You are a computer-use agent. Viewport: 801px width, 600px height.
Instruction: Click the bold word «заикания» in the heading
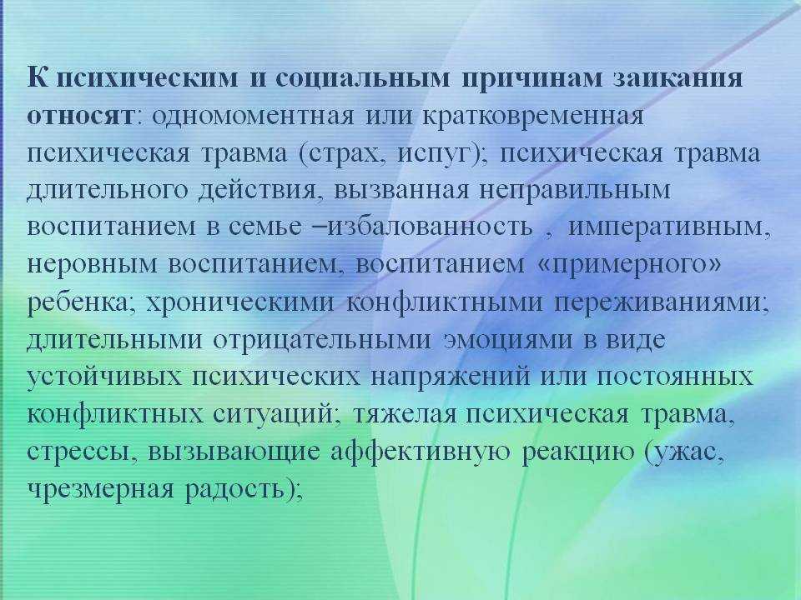pyautogui.click(x=677, y=78)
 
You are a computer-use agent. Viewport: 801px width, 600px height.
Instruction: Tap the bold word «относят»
pyautogui.click(x=80, y=116)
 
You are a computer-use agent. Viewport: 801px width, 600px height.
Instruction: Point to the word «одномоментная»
pyautogui.click(x=252, y=116)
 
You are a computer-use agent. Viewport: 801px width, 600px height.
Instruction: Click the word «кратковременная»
pyautogui.click(x=533, y=116)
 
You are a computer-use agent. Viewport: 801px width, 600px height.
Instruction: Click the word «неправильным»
pyautogui.click(x=575, y=191)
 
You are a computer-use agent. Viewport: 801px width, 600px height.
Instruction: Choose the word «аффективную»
pyautogui.click(x=420, y=452)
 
